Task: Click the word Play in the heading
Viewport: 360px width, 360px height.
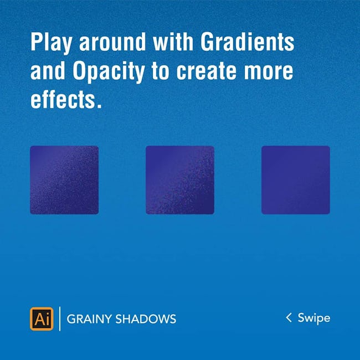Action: (51, 43)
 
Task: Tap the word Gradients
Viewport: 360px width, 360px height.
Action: (247, 42)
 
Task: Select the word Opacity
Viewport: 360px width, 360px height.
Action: (109, 71)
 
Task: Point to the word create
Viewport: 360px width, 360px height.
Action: (206, 71)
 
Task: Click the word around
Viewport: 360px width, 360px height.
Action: (112, 42)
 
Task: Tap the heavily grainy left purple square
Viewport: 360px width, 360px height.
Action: (64, 180)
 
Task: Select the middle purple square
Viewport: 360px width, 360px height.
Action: (180, 180)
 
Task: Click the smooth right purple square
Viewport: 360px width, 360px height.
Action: (296, 180)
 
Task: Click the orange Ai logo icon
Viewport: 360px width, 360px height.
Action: (42, 319)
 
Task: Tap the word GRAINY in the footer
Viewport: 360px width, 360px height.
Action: (89, 319)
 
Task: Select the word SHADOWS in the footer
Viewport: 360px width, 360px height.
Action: (146, 319)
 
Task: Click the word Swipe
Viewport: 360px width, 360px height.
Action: (314, 318)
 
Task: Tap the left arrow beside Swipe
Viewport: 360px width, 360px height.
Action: (289, 317)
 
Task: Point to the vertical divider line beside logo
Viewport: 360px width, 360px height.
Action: (60, 319)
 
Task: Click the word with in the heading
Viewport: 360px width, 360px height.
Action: (173, 42)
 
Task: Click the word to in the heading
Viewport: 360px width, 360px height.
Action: (161, 71)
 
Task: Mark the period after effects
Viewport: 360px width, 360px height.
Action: (99, 106)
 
